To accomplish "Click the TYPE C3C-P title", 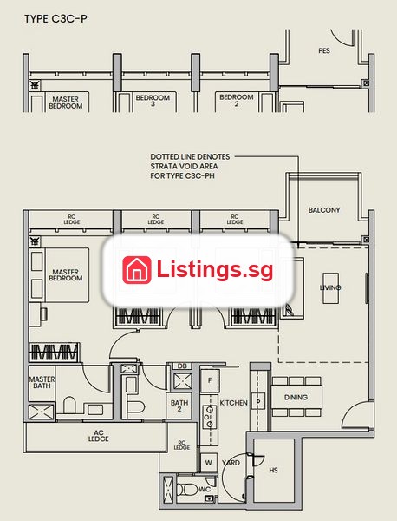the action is [55, 18].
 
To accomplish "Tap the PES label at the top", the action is [324, 50].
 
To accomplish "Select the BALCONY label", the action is [324, 210].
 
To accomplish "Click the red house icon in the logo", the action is [137, 270].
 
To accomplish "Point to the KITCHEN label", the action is [233, 403].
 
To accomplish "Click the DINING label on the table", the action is [296, 397].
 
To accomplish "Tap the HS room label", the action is [273, 470].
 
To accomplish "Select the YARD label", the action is [231, 463].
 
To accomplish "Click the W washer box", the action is [209, 463].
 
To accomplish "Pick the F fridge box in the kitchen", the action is [210, 381].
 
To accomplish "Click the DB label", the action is [182, 366].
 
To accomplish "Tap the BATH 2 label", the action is [179, 406].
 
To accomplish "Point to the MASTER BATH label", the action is [42, 382].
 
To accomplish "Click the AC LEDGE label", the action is [99, 436].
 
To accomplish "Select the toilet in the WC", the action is [187, 490].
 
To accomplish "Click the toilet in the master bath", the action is [69, 405].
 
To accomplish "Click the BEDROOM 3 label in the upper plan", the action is [153, 101].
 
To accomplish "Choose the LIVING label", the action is [330, 287].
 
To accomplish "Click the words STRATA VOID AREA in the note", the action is [184, 166].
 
